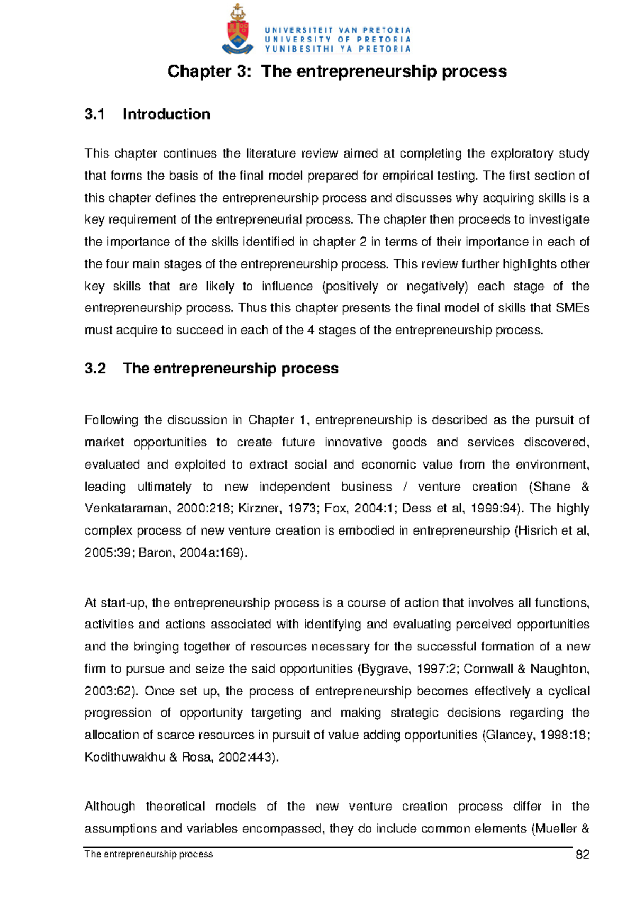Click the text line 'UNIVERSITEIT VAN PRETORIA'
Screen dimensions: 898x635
[338, 30]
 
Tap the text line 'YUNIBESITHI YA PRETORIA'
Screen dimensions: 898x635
[338, 49]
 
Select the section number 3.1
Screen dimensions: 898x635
[95, 114]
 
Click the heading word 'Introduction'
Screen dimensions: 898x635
[166, 114]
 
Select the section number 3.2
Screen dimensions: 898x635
[95, 369]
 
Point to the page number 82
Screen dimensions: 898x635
[582, 855]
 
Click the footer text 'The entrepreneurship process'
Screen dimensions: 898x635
[149, 854]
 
